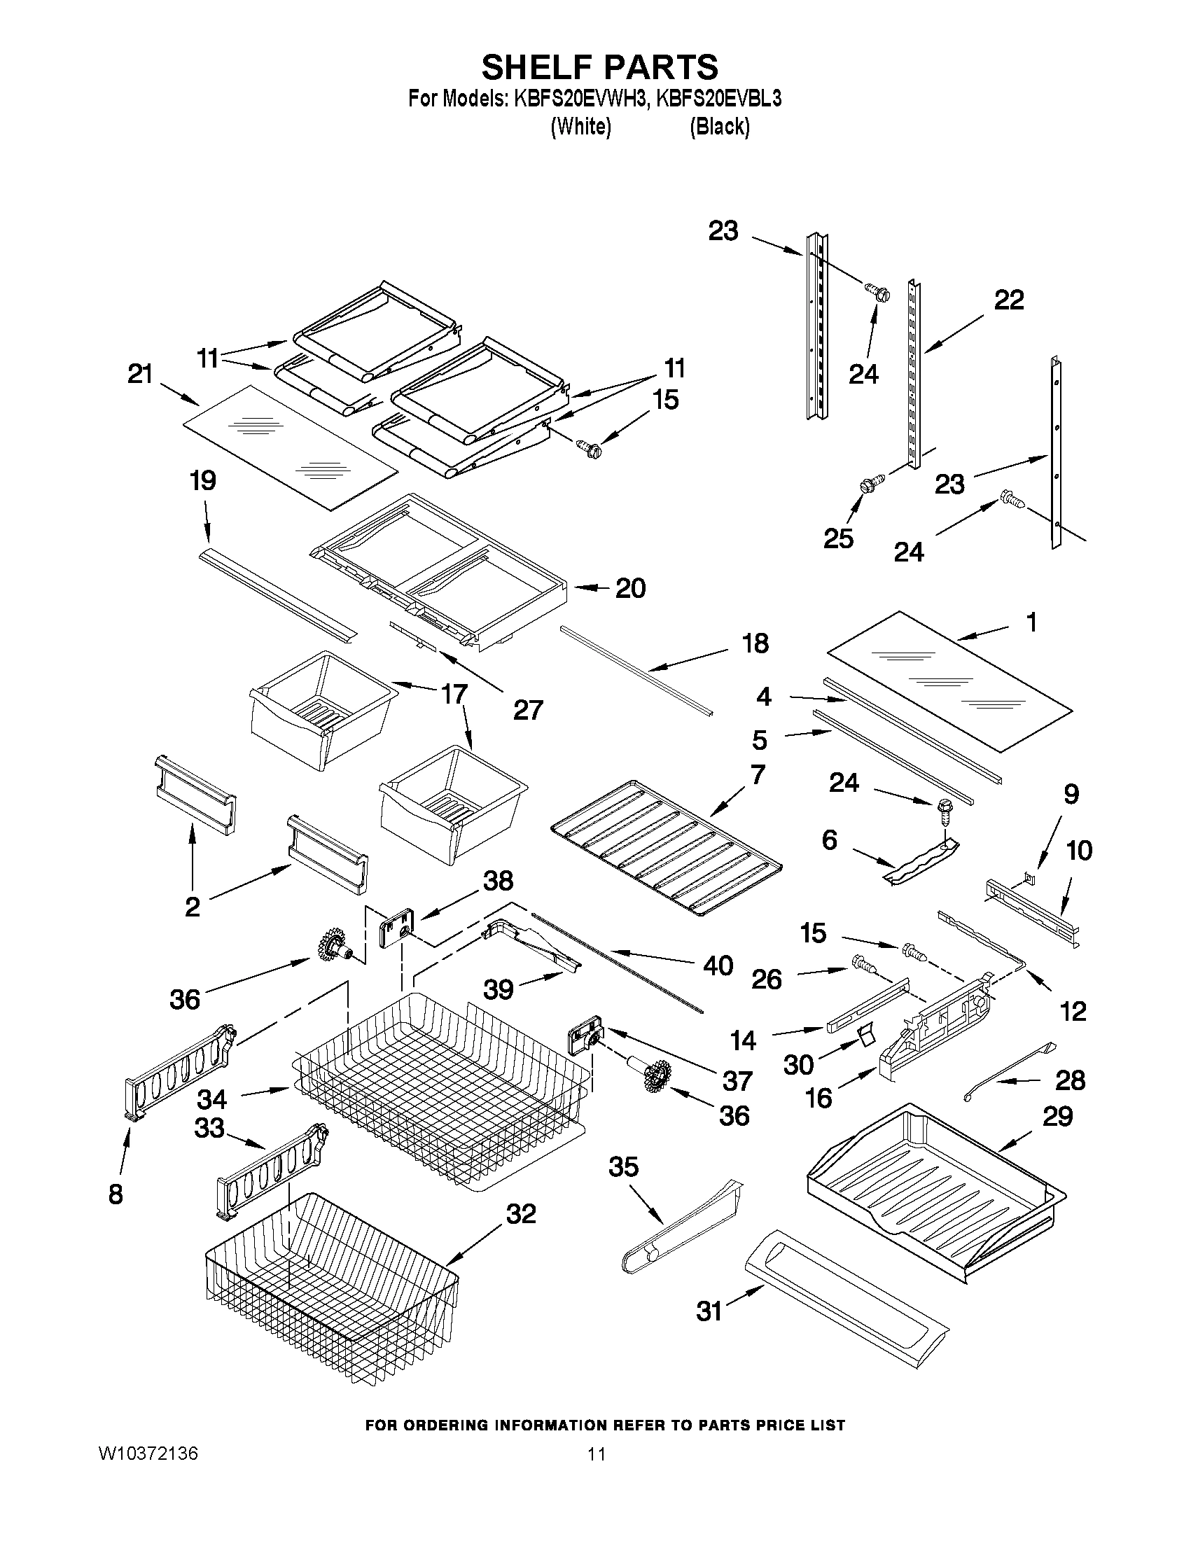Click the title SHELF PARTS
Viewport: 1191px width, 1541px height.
[600, 67]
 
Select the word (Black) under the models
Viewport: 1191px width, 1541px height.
[719, 127]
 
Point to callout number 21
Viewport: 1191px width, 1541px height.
[140, 374]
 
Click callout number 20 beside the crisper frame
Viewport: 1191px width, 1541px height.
[630, 587]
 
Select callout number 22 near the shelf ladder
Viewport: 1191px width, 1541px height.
[1008, 300]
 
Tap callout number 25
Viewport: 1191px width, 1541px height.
[838, 538]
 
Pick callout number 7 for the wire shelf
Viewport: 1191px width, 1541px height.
[757, 775]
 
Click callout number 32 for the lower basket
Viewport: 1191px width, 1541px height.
[521, 1213]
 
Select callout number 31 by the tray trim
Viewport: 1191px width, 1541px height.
[710, 1311]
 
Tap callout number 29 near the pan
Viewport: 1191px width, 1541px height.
[1057, 1116]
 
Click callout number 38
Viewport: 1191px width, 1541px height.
[498, 881]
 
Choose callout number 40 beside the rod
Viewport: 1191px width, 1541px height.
[718, 965]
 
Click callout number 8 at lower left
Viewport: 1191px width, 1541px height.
[116, 1194]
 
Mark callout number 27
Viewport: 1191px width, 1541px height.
[528, 710]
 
